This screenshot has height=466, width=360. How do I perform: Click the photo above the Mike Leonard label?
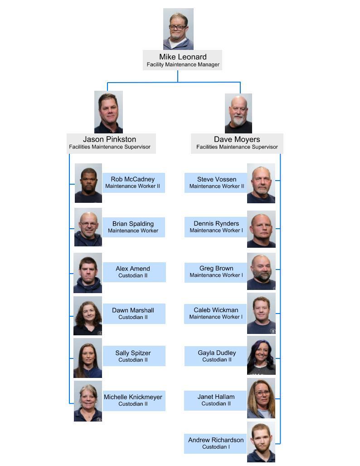click(178, 29)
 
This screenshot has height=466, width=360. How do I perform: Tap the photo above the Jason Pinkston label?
click(108, 112)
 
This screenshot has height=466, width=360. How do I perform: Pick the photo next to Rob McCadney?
click(88, 183)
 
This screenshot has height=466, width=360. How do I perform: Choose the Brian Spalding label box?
click(133, 227)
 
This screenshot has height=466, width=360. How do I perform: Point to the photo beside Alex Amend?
click(88, 273)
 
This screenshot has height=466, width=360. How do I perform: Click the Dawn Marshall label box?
click(133, 314)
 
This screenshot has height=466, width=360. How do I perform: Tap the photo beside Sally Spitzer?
click(88, 358)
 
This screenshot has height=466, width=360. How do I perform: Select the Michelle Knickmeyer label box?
click(133, 400)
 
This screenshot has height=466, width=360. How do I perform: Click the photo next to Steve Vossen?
click(261, 183)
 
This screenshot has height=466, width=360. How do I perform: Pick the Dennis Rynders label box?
click(216, 226)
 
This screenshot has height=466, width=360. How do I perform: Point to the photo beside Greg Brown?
click(261, 271)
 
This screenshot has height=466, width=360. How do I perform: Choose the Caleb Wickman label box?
click(216, 313)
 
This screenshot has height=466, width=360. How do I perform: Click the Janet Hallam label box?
click(216, 400)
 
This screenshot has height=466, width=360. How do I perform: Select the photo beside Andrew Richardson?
click(261, 442)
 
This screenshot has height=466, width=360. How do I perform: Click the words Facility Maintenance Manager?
click(183, 65)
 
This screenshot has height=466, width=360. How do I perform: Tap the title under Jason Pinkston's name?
click(110, 147)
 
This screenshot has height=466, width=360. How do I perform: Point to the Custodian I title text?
click(216, 447)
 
